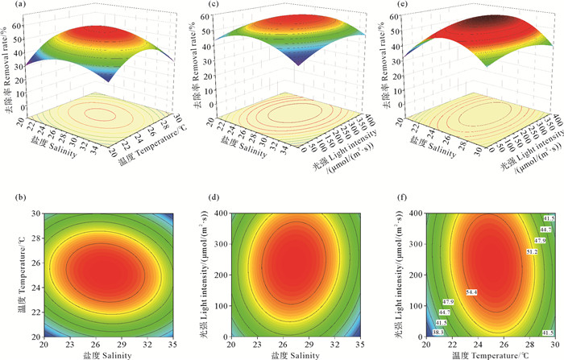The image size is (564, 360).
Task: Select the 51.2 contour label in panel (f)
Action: click(x=532, y=251)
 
